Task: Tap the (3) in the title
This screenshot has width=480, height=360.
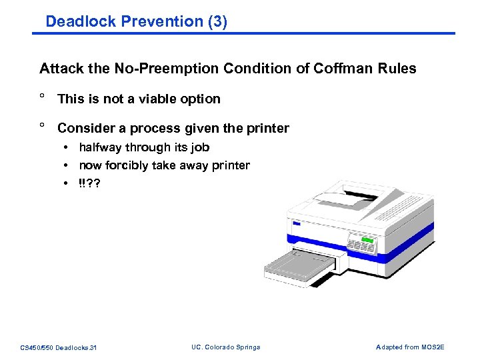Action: pos(217,21)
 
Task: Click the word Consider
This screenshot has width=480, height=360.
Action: pos(85,128)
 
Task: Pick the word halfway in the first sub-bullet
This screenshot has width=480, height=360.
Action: pos(101,147)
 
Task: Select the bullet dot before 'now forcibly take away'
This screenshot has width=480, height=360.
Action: pos(67,166)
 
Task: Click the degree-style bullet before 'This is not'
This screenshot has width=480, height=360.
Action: pos(42,98)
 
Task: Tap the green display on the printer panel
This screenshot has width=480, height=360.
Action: pos(366,239)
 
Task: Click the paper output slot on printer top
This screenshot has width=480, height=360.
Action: pos(347,197)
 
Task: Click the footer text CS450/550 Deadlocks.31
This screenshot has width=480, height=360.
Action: pos(59,347)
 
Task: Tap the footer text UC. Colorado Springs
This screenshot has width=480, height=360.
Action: pos(225,347)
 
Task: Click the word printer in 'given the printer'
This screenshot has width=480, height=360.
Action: pos(266,128)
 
